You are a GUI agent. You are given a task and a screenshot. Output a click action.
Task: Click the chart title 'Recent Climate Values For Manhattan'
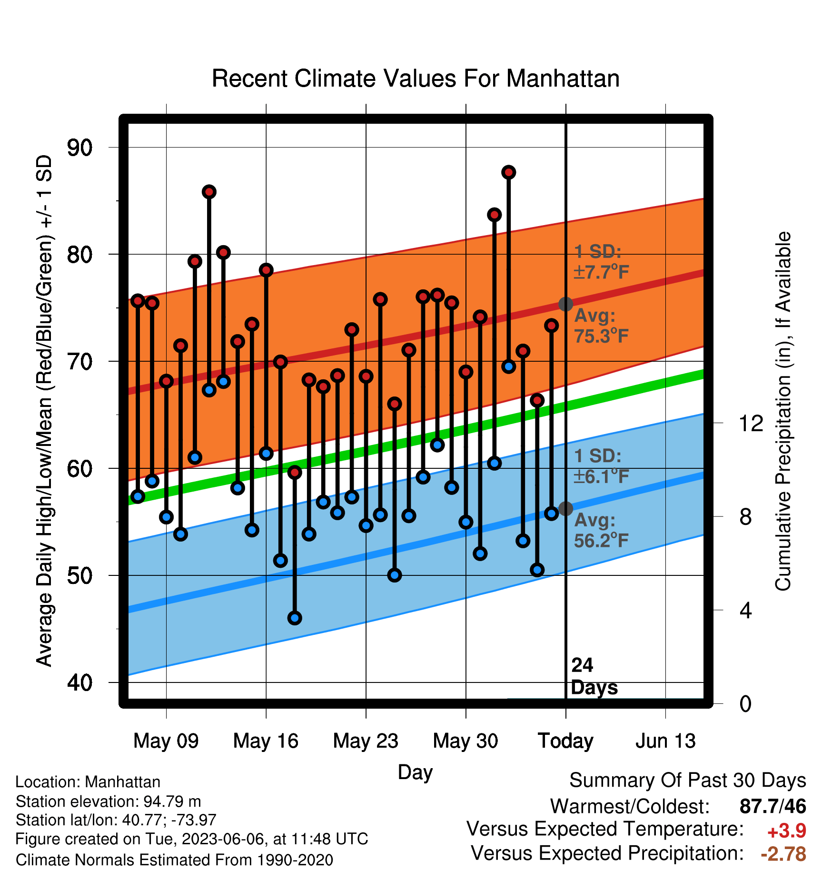click(416, 79)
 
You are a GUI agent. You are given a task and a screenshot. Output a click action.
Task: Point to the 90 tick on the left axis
click(80, 148)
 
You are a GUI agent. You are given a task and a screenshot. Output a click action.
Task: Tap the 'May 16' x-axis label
click(266, 741)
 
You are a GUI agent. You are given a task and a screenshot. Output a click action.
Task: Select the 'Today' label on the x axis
click(565, 741)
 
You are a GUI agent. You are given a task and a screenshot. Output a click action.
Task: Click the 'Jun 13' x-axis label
click(665, 741)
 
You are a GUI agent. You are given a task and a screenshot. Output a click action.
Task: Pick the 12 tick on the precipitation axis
click(751, 423)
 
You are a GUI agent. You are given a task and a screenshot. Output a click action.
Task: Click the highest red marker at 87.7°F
click(509, 172)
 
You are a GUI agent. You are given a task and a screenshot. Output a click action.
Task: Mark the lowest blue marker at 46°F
click(295, 618)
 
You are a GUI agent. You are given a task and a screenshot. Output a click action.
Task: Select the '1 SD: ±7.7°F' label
click(602, 262)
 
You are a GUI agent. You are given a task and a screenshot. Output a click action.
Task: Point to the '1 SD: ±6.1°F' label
click(602, 466)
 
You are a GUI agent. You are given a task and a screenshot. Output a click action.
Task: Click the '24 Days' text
click(594, 676)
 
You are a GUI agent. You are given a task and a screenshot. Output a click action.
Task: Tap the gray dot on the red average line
click(565, 304)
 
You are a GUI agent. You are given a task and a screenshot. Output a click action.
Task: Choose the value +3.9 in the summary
click(787, 831)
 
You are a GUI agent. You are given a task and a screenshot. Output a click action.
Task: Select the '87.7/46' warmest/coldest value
click(773, 806)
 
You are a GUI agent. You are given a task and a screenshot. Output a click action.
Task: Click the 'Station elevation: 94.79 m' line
click(109, 801)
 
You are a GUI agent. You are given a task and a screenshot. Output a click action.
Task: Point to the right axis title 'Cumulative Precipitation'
click(783, 412)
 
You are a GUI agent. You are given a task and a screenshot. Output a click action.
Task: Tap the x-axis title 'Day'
click(415, 772)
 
